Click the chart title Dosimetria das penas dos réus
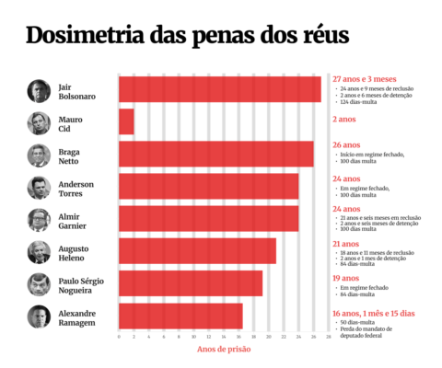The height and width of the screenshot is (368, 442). pos(187,37)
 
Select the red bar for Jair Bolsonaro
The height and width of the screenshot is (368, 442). pos(219,89)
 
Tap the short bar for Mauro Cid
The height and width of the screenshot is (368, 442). pos(126,121)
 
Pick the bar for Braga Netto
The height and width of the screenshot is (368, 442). pos(215,154)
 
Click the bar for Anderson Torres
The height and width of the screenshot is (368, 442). pos(208,186)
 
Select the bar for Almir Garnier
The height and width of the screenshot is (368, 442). pos(208,218)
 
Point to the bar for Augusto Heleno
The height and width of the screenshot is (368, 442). pos(197,250)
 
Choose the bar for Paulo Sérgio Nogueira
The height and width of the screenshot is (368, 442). pos(191,283)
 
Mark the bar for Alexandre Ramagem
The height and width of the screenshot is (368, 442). pos(180,316)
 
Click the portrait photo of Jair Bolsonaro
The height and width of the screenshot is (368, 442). pos(39,90)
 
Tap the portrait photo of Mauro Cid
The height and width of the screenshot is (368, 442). pos(39,122)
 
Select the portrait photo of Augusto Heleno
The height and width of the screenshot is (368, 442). pos(39,251)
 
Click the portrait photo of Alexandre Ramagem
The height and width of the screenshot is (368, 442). pos(39,316)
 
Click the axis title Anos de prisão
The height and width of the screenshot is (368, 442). pos(224,349)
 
